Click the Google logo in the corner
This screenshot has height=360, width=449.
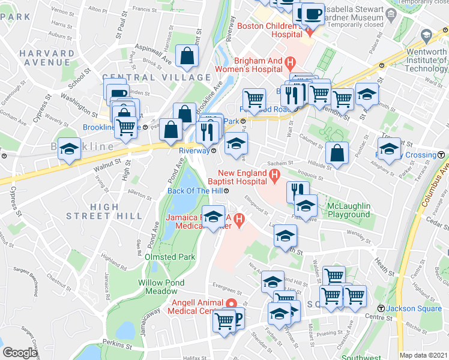(20, 353)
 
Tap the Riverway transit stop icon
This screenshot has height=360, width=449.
(213, 151)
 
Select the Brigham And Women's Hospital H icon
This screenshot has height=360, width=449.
(291, 61)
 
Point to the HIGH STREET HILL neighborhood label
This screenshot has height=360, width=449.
(104, 211)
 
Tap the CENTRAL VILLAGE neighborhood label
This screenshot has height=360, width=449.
(157, 77)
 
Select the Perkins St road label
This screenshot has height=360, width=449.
(116, 347)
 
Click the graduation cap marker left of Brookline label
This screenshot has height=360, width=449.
(70, 149)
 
